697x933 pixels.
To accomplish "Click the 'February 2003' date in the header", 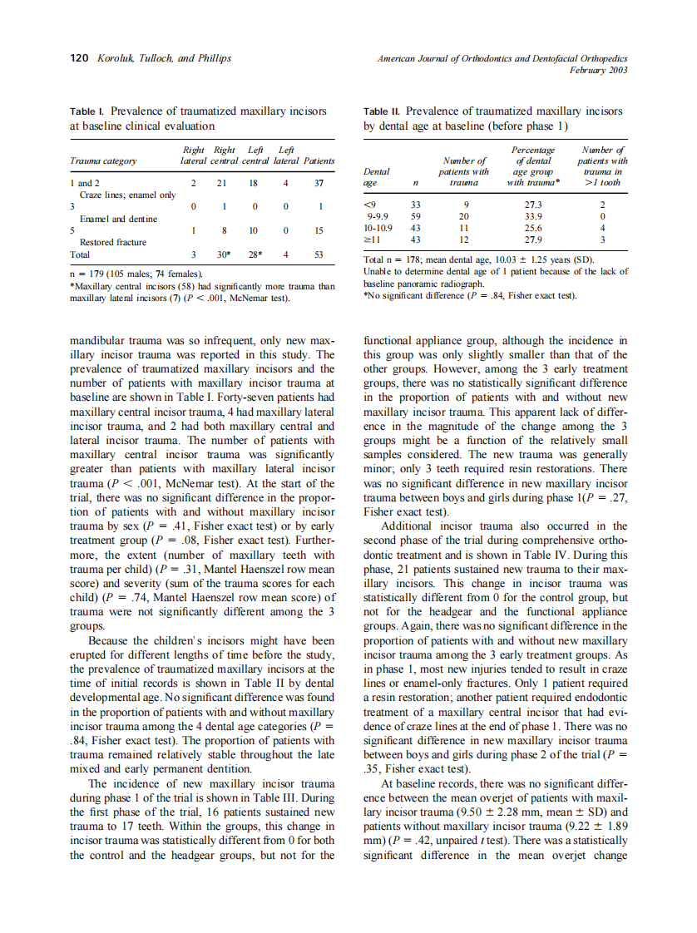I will coord(598,70).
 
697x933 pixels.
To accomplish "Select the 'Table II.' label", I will coord(383,111).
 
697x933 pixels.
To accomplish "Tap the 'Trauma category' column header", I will coord(104,160).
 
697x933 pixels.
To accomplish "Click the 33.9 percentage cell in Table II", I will coord(530,215).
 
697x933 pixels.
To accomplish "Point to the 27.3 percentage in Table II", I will coord(530,204).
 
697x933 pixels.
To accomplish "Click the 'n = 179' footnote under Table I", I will coord(89,274).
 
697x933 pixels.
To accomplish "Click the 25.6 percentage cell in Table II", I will coord(530,227).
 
